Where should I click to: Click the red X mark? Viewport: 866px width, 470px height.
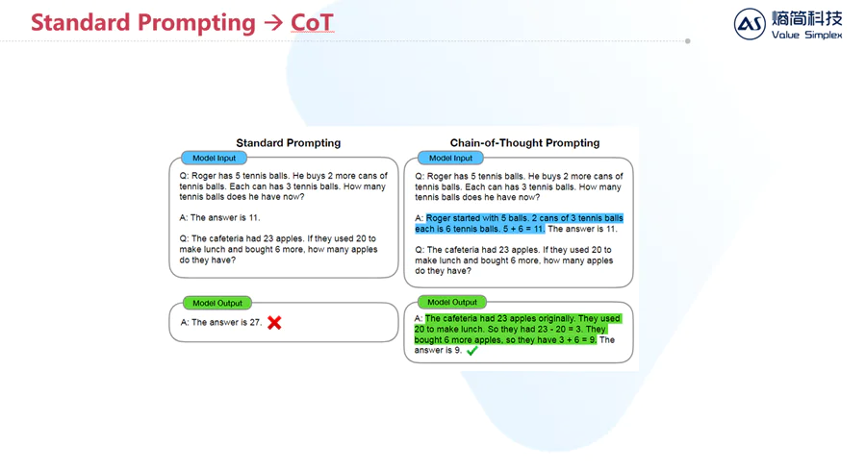pyautogui.click(x=274, y=323)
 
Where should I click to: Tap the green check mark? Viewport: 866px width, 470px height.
pyautogui.click(x=471, y=351)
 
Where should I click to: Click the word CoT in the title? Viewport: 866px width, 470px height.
pyautogui.click(x=312, y=23)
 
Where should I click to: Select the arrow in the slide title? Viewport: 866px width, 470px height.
pyautogui.click(x=273, y=23)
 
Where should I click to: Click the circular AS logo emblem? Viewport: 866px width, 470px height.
pyautogui.click(x=750, y=24)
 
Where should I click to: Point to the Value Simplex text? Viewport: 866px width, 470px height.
pyautogui.click(x=806, y=35)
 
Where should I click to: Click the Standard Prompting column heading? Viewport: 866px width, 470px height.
pyautogui.click(x=289, y=143)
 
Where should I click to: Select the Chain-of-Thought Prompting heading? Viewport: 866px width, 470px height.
pyautogui.click(x=524, y=143)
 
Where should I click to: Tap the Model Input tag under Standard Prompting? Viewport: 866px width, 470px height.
pyautogui.click(x=214, y=159)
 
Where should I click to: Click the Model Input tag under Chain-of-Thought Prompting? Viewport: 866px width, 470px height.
pyautogui.click(x=450, y=159)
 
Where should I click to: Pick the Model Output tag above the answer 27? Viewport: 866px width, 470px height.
pyautogui.click(x=217, y=303)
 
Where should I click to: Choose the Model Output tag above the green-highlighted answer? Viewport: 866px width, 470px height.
pyautogui.click(x=452, y=303)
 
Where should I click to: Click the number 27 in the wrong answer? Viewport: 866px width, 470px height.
pyautogui.click(x=255, y=323)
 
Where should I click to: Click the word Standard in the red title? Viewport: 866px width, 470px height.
pyautogui.click(x=80, y=23)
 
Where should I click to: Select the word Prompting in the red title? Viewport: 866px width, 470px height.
pyautogui.click(x=196, y=24)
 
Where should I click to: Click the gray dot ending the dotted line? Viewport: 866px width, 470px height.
pyautogui.click(x=688, y=41)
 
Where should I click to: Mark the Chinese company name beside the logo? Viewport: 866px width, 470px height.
pyautogui.click(x=807, y=18)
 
